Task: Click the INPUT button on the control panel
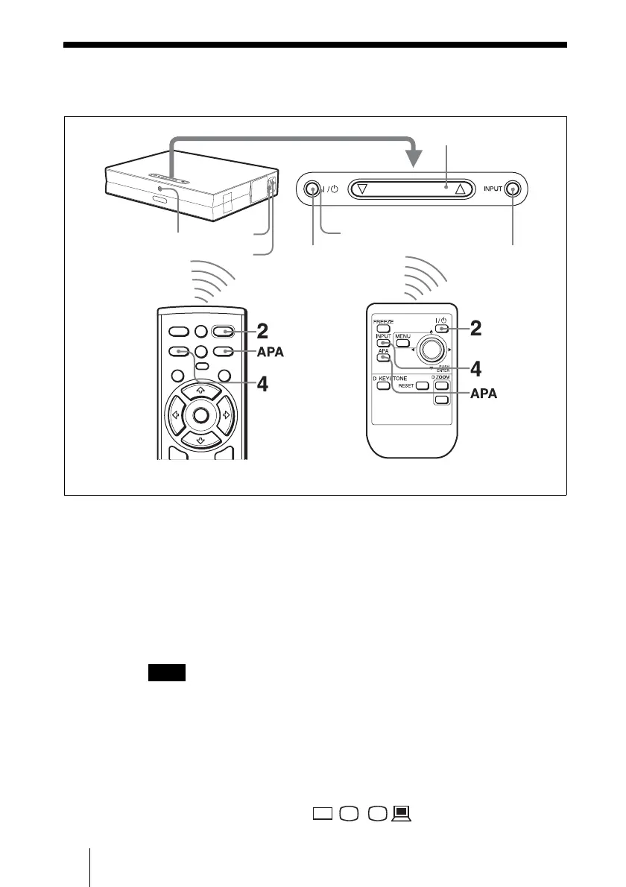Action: [512, 189]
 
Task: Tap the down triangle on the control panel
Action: [362, 189]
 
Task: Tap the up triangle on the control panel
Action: [460, 189]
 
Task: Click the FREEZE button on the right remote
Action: [383, 328]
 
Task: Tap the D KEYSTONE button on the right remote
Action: [383, 386]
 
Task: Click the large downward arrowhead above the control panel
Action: [413, 159]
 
